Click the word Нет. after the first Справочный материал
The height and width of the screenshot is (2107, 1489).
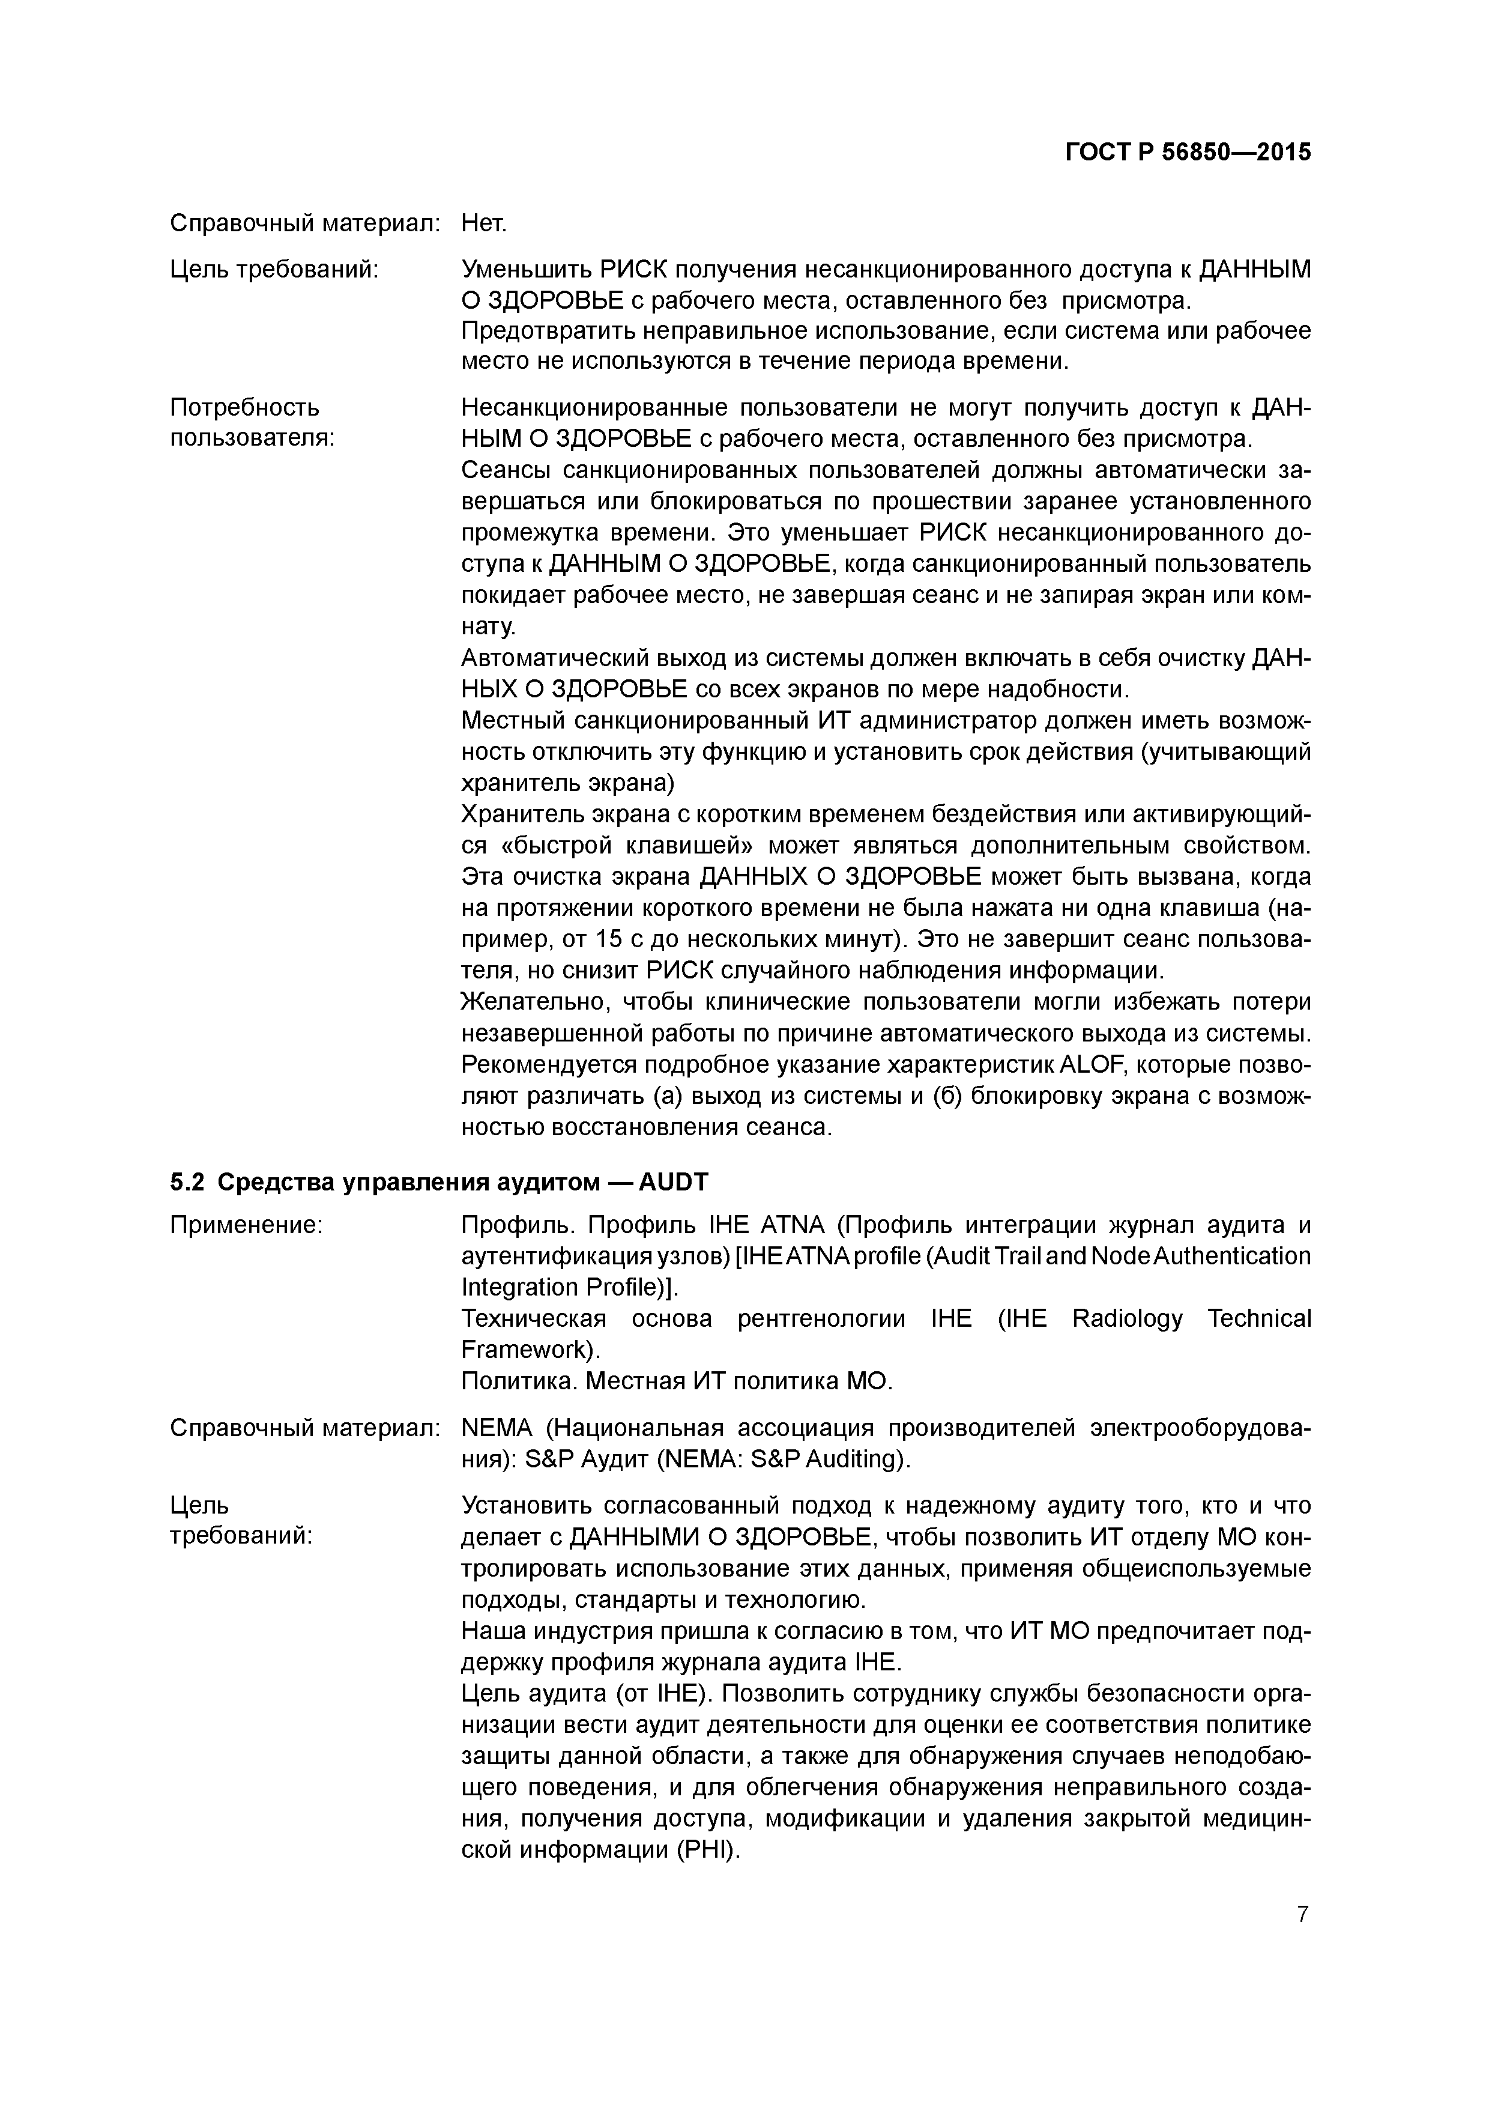(483, 223)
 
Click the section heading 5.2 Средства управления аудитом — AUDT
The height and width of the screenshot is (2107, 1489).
(438, 1182)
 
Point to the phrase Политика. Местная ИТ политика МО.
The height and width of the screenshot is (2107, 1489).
(676, 1381)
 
